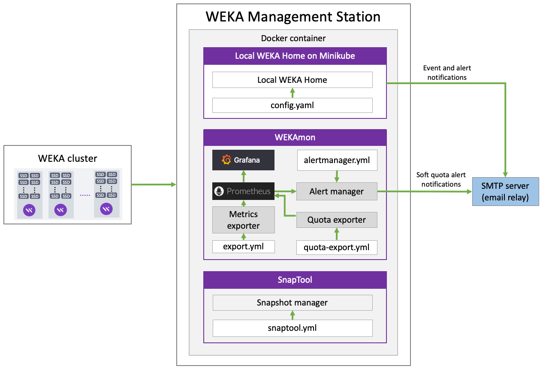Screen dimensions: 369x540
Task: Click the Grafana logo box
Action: [x=243, y=160]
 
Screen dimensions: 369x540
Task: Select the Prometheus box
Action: [x=243, y=191]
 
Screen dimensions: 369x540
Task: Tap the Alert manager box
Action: [x=337, y=191]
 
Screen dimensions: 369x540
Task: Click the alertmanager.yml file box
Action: [x=337, y=160]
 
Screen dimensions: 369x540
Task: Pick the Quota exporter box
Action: [x=337, y=220]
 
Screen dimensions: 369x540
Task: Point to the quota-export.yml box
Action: [x=337, y=247]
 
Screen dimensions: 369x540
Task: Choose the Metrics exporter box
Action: [x=243, y=220]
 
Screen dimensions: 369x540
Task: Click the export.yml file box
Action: [x=243, y=247]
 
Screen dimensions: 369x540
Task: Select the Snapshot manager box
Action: [x=293, y=302]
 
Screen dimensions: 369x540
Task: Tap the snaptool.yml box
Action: [x=293, y=328]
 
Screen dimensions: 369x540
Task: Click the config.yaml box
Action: [x=293, y=105]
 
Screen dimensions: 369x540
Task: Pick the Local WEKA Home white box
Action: [x=293, y=80]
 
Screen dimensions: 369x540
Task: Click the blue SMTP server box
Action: [x=505, y=191]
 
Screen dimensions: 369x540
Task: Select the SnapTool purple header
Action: [x=295, y=280]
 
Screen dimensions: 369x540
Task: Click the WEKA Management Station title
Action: [x=293, y=17]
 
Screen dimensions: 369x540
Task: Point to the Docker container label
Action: [x=293, y=38]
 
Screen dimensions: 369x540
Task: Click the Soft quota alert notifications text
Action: [x=441, y=179]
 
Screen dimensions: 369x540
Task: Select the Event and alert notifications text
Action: [x=447, y=73]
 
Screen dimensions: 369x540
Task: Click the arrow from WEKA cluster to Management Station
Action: [x=154, y=184]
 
